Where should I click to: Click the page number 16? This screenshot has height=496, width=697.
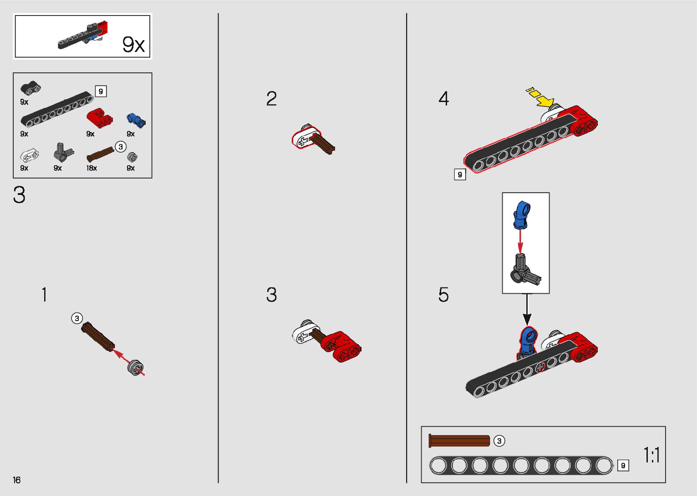(17, 480)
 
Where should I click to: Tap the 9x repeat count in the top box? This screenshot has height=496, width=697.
(133, 45)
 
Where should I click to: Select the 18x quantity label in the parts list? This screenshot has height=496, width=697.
(92, 168)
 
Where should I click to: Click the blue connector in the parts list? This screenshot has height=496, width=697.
(136, 120)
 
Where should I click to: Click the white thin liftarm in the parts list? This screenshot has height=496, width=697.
(29, 156)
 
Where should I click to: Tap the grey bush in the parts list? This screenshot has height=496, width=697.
(132, 157)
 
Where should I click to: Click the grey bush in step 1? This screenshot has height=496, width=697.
(136, 367)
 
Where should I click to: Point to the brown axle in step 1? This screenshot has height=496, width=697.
(98, 337)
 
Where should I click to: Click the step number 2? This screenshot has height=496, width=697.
(271, 99)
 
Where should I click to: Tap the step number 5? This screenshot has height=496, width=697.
(443, 295)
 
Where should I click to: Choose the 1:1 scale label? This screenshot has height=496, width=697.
(651, 455)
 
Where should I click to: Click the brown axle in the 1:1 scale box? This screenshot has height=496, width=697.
(459, 441)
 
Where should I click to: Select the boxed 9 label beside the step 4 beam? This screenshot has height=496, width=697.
(460, 174)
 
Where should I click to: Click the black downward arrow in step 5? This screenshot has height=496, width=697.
(527, 310)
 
